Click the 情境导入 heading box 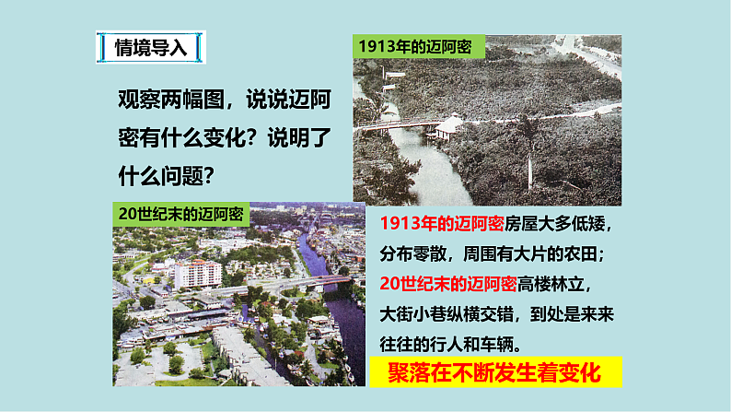(152, 48)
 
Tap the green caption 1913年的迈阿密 (414, 48)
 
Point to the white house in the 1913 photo (450, 126)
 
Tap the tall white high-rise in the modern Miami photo (197, 273)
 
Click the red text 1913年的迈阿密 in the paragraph (440, 225)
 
